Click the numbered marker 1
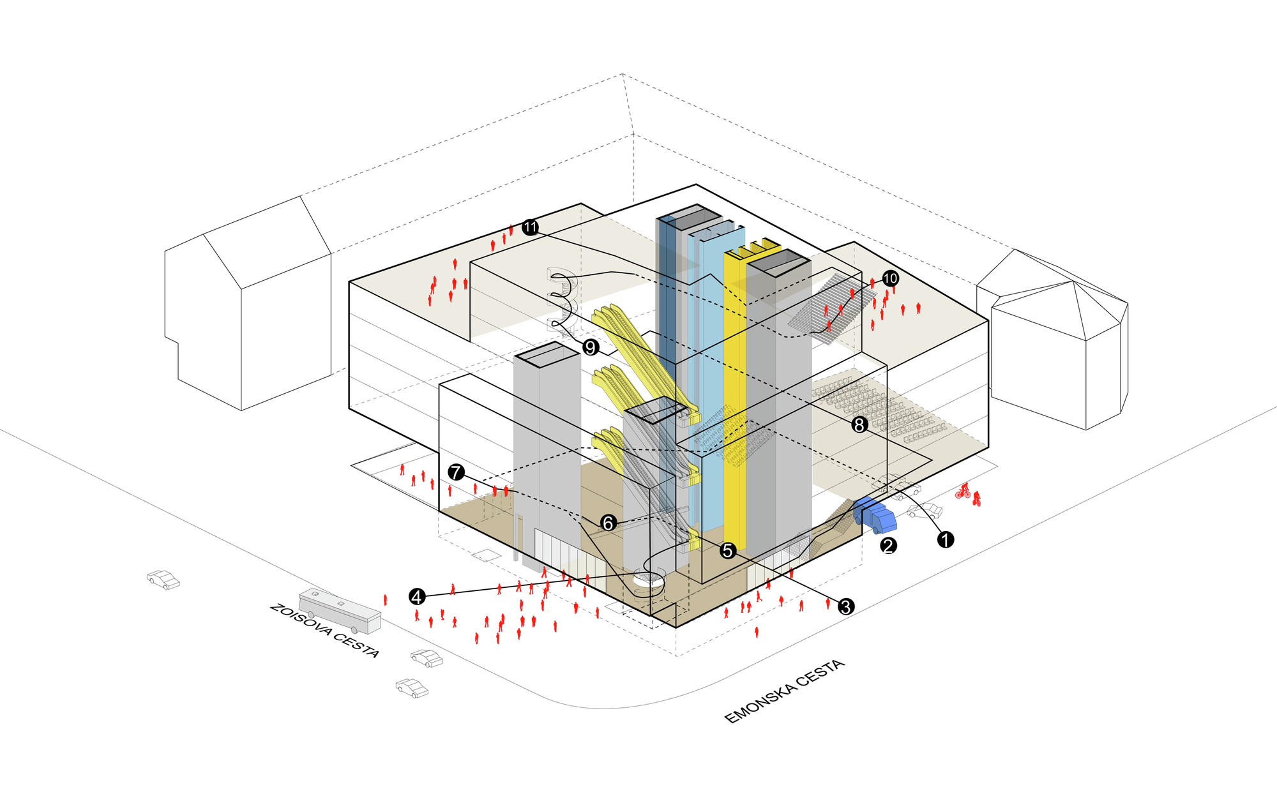(945, 539)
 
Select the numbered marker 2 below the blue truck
(888, 546)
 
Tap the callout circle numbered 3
(845, 606)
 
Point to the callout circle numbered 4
(417, 597)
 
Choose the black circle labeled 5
(728, 550)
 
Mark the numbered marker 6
(608, 523)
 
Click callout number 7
(455, 472)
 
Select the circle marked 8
(859, 424)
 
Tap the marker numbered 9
(591, 348)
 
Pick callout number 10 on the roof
(890, 278)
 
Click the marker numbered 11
(530, 227)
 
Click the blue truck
(876, 515)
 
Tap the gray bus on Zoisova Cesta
(340, 610)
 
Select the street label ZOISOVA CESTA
(324, 631)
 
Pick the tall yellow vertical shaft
(735, 396)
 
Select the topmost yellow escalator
(632, 345)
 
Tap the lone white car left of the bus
(163, 580)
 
